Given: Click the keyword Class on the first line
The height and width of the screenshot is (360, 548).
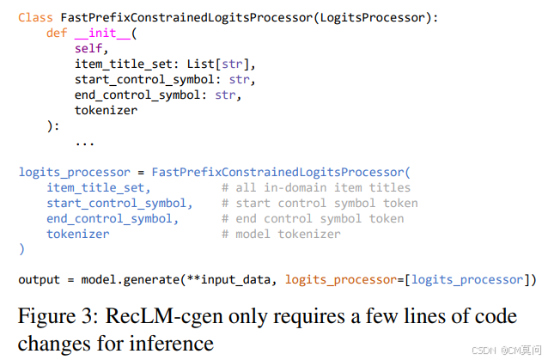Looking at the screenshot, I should pos(35,16).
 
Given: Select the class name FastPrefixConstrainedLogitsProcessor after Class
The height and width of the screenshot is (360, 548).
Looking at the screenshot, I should pos(179,16).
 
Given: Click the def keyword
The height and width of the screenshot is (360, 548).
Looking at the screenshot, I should pos(57,33).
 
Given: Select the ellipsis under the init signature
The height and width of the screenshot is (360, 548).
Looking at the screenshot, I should pos(85,141).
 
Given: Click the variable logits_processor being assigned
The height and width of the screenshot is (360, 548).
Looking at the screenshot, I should pos(74,172).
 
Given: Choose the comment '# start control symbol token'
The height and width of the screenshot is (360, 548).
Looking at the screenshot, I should pos(320,203).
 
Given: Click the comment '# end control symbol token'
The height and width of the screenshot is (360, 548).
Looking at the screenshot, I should pos(313,218).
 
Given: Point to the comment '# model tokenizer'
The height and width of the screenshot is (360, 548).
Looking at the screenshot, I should pos(281,234).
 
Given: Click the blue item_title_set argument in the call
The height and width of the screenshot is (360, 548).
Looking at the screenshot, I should pos(99,187).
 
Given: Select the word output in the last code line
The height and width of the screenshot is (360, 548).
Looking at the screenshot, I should pos(39,279).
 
